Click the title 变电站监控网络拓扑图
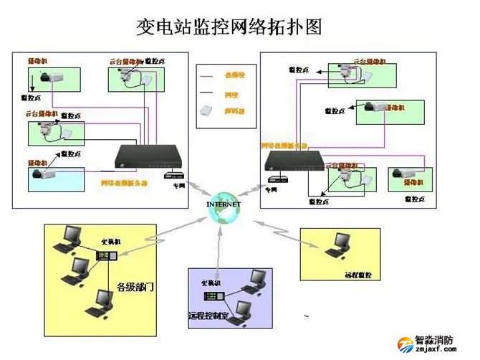[229, 27]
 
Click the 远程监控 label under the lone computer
[358, 274]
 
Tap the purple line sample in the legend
[210, 75]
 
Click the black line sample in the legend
[210, 93]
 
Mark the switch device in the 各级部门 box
[104, 255]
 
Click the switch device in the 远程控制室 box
[213, 295]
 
